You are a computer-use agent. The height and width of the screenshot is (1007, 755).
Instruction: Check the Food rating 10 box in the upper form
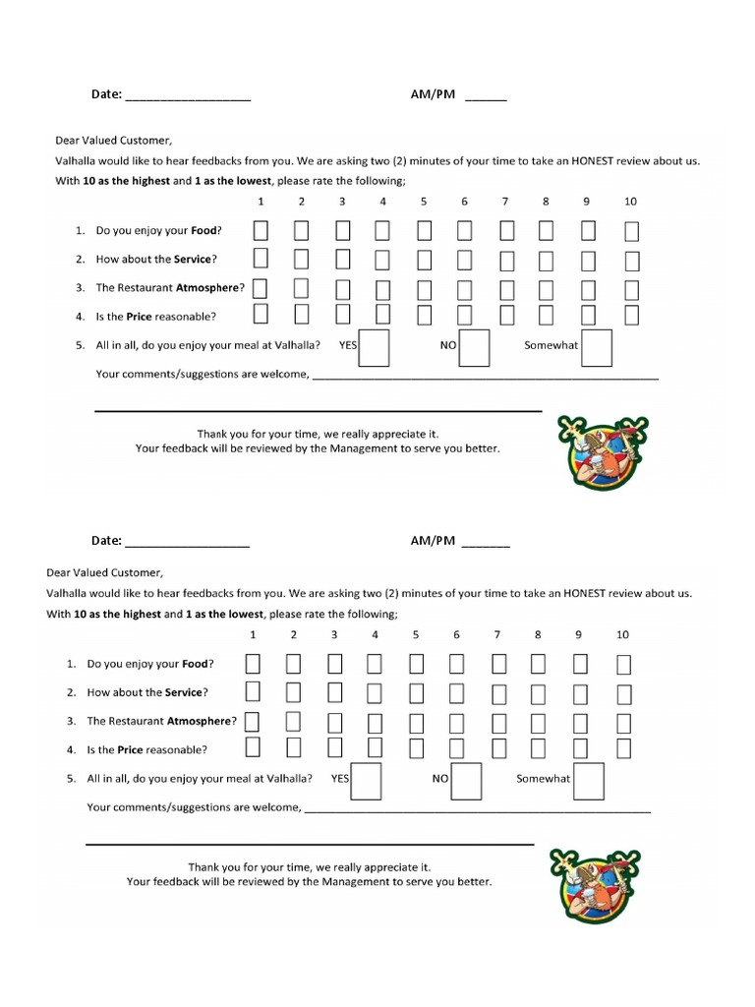point(631,232)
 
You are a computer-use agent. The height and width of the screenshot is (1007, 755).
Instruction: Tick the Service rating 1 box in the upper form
point(261,260)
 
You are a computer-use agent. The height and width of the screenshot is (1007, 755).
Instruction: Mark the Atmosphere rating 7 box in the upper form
point(507,289)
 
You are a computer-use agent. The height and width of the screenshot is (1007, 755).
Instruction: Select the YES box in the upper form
point(374,348)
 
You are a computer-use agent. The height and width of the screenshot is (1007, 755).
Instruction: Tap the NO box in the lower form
point(466,782)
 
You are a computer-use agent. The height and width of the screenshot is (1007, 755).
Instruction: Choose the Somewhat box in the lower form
point(589,782)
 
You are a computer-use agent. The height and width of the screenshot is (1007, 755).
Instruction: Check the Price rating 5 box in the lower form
point(417,749)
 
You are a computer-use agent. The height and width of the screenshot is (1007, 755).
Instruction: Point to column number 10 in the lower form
point(622,634)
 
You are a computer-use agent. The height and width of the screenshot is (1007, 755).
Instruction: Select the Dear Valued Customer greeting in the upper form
point(114,141)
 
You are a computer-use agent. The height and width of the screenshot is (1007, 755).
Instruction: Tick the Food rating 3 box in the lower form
point(335,664)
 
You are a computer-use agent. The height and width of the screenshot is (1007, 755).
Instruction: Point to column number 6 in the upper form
point(464,202)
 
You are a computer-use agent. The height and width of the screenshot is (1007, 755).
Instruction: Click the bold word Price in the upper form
point(139,317)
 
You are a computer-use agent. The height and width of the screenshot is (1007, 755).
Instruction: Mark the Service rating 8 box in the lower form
point(539,693)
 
